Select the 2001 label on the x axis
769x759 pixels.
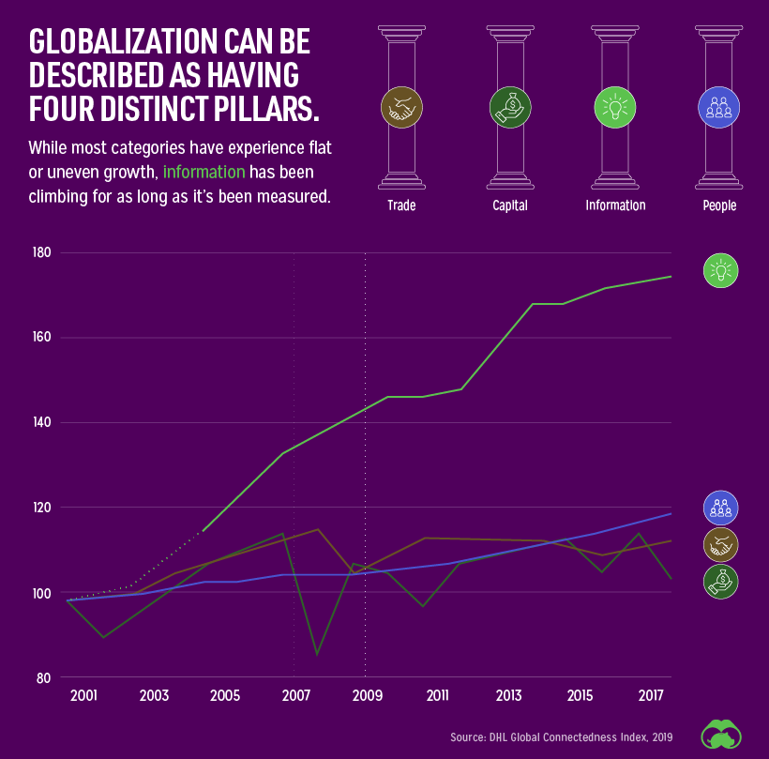click(x=83, y=696)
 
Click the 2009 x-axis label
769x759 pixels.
click(x=367, y=696)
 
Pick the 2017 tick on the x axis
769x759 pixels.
click(x=651, y=696)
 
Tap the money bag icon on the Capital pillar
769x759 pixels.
click(x=510, y=107)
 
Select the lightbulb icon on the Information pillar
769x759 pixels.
click(x=615, y=107)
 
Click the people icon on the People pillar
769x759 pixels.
click(x=719, y=107)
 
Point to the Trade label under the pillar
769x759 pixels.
click(x=401, y=205)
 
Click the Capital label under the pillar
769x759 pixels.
click(x=510, y=205)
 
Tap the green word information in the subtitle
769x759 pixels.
click(x=204, y=173)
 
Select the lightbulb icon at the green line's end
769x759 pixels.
click(x=721, y=272)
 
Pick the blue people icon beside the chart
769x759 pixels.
click(x=721, y=508)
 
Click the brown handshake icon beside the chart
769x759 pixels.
click(x=721, y=543)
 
